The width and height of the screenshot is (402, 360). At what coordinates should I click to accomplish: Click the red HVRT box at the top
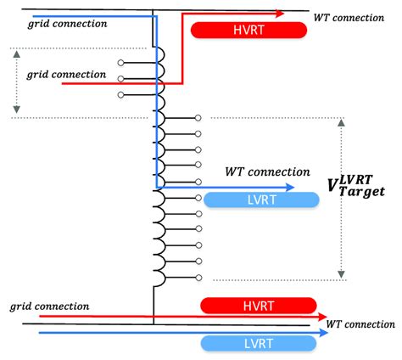(x=248, y=30)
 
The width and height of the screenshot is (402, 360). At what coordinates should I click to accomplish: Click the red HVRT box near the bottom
(x=258, y=305)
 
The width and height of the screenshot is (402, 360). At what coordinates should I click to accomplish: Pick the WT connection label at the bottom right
(x=360, y=324)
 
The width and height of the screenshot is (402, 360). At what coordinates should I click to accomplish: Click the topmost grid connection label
(x=67, y=23)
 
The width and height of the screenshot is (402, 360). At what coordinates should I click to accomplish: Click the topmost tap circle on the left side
(x=120, y=63)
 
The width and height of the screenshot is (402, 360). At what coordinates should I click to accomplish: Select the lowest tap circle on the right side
(x=198, y=277)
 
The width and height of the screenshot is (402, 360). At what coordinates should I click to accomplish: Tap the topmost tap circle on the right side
(x=198, y=117)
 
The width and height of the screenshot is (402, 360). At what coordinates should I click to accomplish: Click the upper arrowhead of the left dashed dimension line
(x=15, y=52)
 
